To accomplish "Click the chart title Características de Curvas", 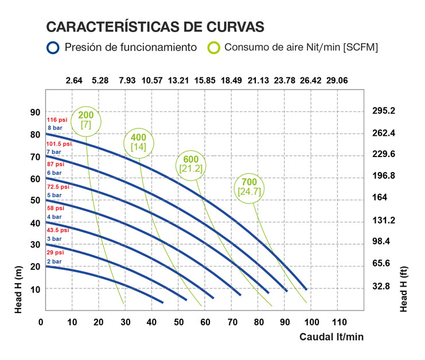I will [x=155, y=27].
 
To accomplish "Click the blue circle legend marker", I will [x=53, y=47].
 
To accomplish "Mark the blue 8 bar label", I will [x=54, y=127].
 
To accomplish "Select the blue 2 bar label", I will [x=54, y=261].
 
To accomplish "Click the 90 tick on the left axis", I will [x=35, y=112].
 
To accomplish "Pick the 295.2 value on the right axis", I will [x=384, y=111].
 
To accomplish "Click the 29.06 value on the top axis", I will [x=337, y=81].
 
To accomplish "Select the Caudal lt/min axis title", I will [x=332, y=337].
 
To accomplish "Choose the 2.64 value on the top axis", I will [x=75, y=81].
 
